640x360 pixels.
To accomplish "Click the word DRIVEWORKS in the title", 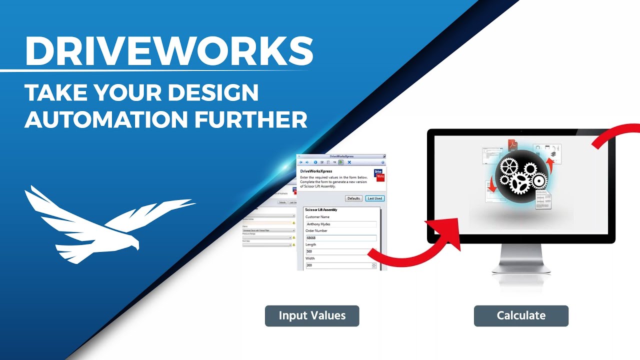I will point(169,50).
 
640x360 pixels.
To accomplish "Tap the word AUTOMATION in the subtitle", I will point(102,119).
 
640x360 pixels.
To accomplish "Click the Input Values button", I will point(312,316).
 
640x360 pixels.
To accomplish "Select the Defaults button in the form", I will point(353,198).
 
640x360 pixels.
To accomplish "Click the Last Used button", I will point(374,198).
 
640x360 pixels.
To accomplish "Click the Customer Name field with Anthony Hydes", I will point(340,224).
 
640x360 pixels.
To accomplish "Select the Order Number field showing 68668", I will point(340,238).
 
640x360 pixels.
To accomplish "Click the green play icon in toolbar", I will point(340,162).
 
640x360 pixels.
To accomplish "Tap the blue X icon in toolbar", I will point(349,162).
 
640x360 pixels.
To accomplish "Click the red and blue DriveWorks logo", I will point(380,175).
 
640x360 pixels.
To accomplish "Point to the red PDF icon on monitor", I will point(512,145).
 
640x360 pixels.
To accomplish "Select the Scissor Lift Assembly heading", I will point(321,210).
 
